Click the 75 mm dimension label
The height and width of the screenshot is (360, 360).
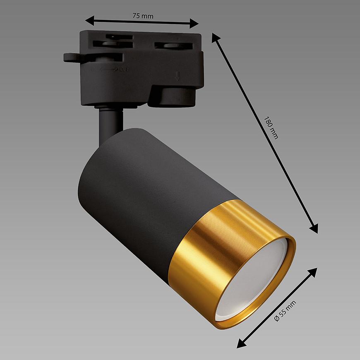[x=143, y=16]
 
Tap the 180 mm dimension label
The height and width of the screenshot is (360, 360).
[x=271, y=128]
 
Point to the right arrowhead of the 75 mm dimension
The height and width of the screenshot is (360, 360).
[x=194, y=23]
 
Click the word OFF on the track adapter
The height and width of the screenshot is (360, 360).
[x=124, y=69]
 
